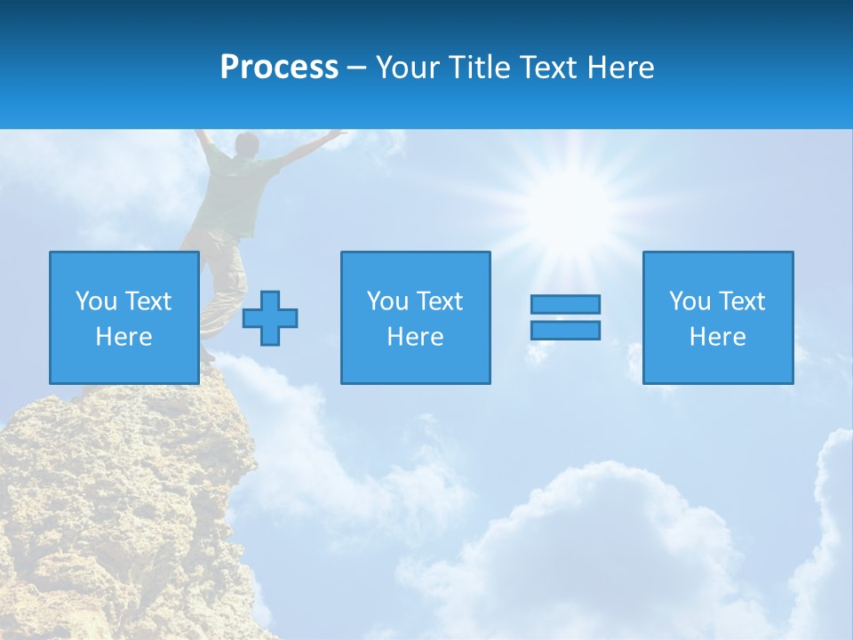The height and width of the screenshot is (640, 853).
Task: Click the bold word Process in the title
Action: [279, 67]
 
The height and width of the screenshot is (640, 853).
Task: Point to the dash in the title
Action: [357, 68]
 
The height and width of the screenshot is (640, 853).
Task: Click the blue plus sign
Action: [270, 318]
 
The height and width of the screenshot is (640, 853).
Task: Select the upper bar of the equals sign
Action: [565, 304]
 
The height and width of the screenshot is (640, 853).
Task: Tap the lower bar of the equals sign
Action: [565, 330]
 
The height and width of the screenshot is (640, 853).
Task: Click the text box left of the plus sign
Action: [124, 317]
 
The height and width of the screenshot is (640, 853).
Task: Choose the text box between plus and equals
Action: [415, 317]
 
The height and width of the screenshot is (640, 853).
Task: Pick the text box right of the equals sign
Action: [718, 317]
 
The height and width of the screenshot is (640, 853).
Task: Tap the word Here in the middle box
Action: [415, 337]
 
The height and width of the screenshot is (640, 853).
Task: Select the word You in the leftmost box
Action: [96, 301]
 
